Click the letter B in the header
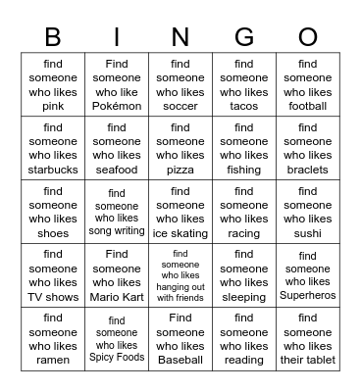click(x=53, y=37)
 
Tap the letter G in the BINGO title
click(x=244, y=37)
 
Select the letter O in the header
click(x=308, y=37)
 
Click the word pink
click(x=53, y=106)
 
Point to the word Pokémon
click(x=117, y=106)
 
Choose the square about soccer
click(x=180, y=85)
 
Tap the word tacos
click(x=244, y=106)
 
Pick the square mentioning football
click(x=308, y=85)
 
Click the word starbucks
click(x=53, y=170)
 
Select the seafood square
click(x=117, y=149)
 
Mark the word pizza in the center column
click(x=180, y=170)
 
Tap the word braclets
click(x=308, y=170)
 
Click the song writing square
click(x=117, y=213)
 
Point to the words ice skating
click(x=180, y=233)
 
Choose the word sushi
click(x=308, y=233)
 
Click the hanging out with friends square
click(x=180, y=275)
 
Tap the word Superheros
click(x=308, y=296)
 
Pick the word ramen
click(x=53, y=360)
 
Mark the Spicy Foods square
click(x=117, y=339)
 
